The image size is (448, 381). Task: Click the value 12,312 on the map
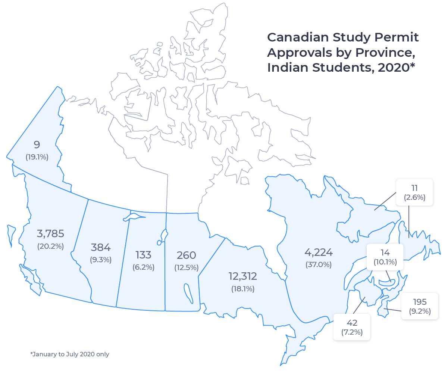243,276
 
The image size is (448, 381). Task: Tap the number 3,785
50,234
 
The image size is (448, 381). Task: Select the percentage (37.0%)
319,265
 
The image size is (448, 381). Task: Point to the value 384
101,247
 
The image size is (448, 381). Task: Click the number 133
143,255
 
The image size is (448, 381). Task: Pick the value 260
186,255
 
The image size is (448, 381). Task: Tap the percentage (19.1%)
37,157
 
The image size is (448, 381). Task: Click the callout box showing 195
420,306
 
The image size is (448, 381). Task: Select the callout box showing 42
352,327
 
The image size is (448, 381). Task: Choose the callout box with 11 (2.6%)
414,192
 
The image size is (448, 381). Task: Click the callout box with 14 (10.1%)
385,257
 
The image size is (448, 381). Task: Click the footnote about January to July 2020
70,354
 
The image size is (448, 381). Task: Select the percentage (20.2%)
50,247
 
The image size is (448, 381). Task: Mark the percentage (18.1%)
243,289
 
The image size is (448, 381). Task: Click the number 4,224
319,253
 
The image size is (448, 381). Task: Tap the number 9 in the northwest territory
37,145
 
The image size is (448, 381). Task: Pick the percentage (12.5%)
186,267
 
